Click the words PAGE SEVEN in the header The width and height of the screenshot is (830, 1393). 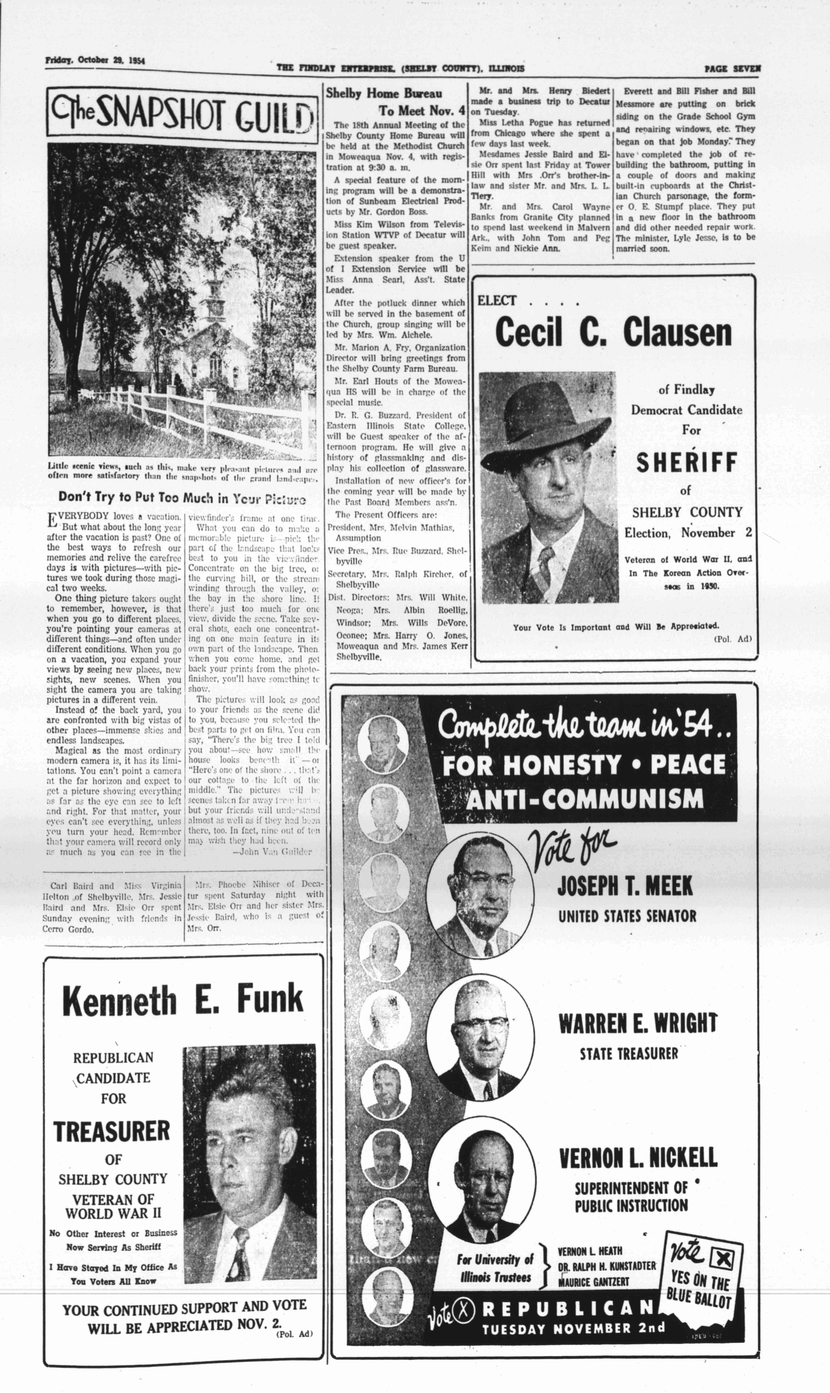732,69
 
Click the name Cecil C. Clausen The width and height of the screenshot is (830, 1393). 613,333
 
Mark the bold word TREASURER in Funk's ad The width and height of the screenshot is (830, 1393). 112,1131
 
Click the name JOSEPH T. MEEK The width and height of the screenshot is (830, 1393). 624,886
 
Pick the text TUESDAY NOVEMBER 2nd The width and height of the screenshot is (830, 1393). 573,1328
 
